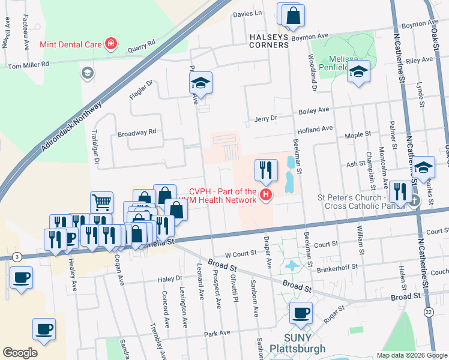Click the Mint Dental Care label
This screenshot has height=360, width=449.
(71, 44)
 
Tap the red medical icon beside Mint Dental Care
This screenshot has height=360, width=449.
(110, 44)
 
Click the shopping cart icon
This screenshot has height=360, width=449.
(101, 202)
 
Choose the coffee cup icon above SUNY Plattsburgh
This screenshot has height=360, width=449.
(301, 312)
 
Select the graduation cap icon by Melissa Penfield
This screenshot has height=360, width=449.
(358, 71)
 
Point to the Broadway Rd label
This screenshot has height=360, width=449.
(136, 132)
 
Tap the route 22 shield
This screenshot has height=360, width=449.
(428, 312)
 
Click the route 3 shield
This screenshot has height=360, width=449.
(17, 257)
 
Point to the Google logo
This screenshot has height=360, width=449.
(20, 353)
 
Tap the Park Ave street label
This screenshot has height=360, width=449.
(217, 333)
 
